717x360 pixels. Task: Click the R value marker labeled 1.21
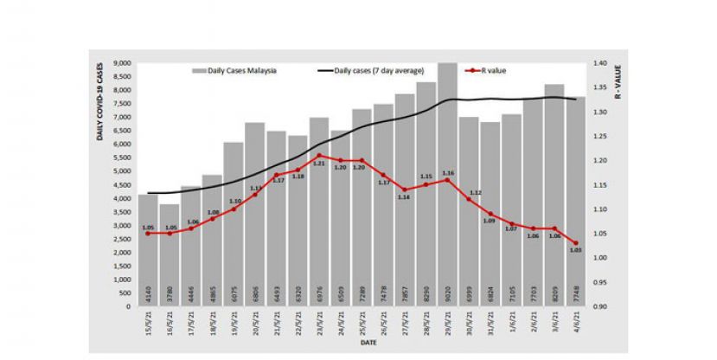point(319,156)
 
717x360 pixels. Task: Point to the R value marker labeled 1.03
point(576,242)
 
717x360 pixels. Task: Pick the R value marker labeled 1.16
point(447,179)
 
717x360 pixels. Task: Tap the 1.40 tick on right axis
point(599,63)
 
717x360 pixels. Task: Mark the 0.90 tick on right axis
point(599,306)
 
